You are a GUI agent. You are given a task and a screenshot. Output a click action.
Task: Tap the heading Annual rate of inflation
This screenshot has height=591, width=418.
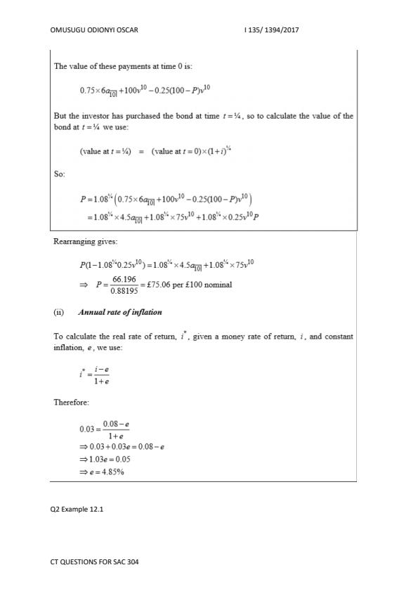coord(119,312)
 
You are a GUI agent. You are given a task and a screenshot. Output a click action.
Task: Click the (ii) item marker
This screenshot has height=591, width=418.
coord(60,312)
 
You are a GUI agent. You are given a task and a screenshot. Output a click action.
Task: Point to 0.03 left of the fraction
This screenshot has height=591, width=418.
coord(87,428)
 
